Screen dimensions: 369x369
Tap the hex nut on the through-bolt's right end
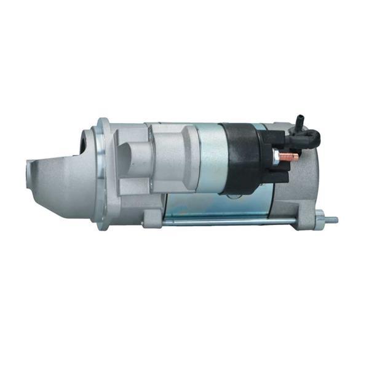point(320,218)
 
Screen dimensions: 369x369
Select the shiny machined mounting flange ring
point(101,172)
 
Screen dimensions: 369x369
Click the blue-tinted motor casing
point(203,203)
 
